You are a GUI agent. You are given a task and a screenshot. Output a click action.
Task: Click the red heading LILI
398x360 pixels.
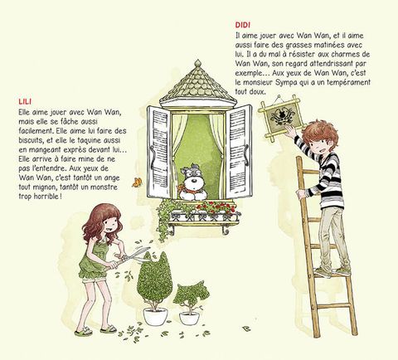(x=25, y=101)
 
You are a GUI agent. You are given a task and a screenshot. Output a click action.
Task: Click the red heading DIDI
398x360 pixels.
(x=243, y=25)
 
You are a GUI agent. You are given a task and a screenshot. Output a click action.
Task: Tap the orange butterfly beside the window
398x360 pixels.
(x=137, y=182)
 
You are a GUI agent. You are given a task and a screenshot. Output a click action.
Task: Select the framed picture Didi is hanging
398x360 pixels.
(x=280, y=118)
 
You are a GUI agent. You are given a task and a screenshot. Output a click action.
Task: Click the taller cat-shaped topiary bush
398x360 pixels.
(x=154, y=280)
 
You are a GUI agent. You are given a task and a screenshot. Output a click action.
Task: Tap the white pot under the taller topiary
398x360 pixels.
(x=155, y=317)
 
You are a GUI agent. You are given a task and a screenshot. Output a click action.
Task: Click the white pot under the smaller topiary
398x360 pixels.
(x=189, y=319)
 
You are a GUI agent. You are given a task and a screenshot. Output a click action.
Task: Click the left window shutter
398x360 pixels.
(x=158, y=152)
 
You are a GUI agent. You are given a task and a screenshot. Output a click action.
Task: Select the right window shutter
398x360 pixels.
(x=239, y=152)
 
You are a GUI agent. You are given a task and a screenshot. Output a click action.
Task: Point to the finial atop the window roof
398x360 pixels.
(x=197, y=63)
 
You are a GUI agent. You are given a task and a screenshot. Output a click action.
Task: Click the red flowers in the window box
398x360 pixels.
(x=215, y=207)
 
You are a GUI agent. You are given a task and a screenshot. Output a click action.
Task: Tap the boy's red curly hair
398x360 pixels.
(x=320, y=134)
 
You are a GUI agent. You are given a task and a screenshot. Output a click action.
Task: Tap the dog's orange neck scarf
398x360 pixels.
(x=183, y=188)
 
